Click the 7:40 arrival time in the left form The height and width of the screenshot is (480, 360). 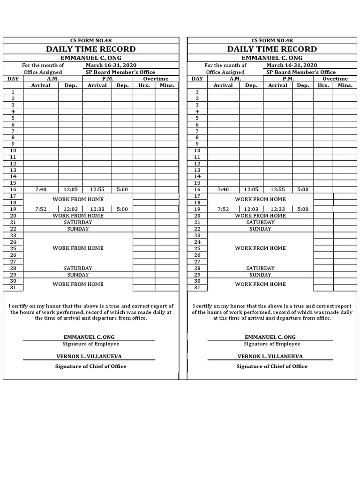[x=41, y=190]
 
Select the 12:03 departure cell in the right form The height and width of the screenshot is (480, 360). [x=251, y=210]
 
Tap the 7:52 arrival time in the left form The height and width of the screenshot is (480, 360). [x=41, y=210]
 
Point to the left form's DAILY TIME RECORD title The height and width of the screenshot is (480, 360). [x=90, y=49]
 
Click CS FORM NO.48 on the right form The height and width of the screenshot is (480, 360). [x=272, y=41]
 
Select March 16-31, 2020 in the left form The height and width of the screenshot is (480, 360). [x=111, y=66]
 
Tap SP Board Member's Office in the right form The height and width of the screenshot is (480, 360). [x=301, y=72]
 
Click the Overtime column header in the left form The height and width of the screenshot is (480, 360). [x=156, y=79]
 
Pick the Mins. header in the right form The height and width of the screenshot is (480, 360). [x=345, y=85]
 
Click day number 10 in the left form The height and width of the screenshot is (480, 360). [x=13, y=150]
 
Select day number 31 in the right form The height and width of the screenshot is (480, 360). [x=197, y=288]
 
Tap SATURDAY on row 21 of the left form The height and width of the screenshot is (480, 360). [x=78, y=223]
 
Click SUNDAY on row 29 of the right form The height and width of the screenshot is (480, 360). [x=261, y=275]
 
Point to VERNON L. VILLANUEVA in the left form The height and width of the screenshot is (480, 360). [x=89, y=357]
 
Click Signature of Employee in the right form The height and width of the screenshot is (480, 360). [x=272, y=344]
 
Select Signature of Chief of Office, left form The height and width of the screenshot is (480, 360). [x=90, y=367]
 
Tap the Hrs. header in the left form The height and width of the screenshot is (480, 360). [x=143, y=85]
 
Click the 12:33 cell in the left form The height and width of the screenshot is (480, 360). [x=97, y=210]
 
